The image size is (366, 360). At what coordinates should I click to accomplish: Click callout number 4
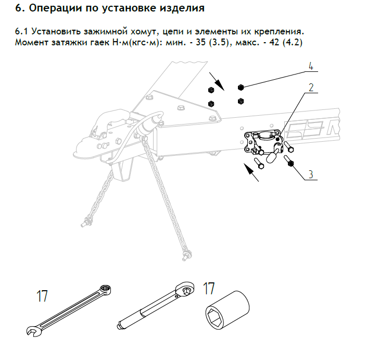click(x=311, y=66)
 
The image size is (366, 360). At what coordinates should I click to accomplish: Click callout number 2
click(x=311, y=88)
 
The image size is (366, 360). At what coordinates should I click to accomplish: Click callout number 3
click(x=311, y=175)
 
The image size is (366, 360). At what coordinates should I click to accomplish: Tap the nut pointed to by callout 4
click(x=241, y=88)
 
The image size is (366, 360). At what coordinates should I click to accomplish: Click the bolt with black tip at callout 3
click(x=289, y=161)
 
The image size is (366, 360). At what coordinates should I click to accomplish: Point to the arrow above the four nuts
click(x=217, y=81)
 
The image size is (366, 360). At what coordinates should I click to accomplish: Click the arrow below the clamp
click(x=251, y=172)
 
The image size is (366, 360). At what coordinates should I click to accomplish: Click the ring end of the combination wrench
click(x=105, y=289)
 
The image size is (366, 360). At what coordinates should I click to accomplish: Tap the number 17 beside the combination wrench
click(x=42, y=296)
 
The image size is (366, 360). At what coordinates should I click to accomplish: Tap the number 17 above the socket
click(x=209, y=288)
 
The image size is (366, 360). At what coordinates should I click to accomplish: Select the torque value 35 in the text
click(x=201, y=42)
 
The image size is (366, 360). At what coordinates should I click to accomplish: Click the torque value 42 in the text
click(x=274, y=42)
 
